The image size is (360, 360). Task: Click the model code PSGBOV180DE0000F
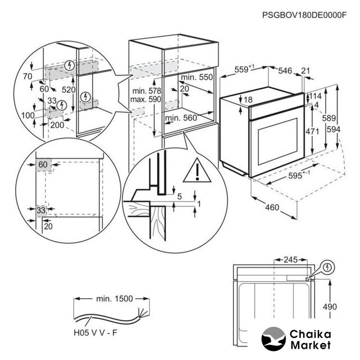(304, 15)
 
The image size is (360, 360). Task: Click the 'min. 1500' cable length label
(114, 299)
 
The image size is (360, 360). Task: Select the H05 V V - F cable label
(96, 332)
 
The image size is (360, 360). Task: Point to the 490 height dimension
(330, 307)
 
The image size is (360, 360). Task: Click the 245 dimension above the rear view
(291, 260)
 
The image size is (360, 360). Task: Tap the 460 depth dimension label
(272, 208)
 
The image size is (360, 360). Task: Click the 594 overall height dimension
(333, 129)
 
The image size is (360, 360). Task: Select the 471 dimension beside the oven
(312, 132)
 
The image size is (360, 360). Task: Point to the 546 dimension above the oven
(285, 71)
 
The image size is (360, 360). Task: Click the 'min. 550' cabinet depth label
(197, 77)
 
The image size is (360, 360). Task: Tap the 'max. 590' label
(146, 100)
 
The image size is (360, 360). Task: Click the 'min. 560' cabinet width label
(181, 118)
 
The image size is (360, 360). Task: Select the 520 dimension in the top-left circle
(69, 89)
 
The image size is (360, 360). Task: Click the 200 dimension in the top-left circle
(57, 125)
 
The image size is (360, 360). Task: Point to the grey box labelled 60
(43, 165)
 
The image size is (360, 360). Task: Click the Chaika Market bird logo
(273, 339)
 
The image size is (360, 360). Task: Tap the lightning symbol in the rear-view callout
(327, 268)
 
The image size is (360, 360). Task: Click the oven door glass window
(278, 142)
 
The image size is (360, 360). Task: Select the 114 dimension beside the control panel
(315, 96)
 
